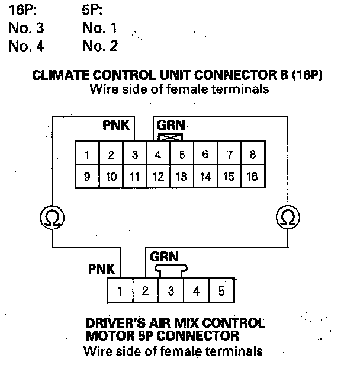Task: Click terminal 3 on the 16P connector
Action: click(x=135, y=156)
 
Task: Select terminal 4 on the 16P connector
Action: click(x=158, y=156)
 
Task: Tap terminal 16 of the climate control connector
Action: click(x=253, y=177)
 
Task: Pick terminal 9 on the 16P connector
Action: click(x=87, y=177)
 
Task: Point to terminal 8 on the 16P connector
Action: click(x=253, y=156)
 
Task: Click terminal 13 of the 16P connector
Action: click(x=182, y=177)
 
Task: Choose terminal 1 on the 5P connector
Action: click(x=120, y=291)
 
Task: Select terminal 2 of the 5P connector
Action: click(x=145, y=291)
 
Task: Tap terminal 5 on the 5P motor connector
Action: click(x=221, y=291)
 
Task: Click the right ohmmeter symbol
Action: click(x=287, y=218)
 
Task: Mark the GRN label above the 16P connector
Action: click(x=171, y=126)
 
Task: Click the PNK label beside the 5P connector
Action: click(x=101, y=269)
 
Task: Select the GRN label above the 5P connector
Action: click(x=164, y=257)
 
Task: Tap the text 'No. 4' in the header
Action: click(x=26, y=46)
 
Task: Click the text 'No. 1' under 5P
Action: click(x=100, y=28)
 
